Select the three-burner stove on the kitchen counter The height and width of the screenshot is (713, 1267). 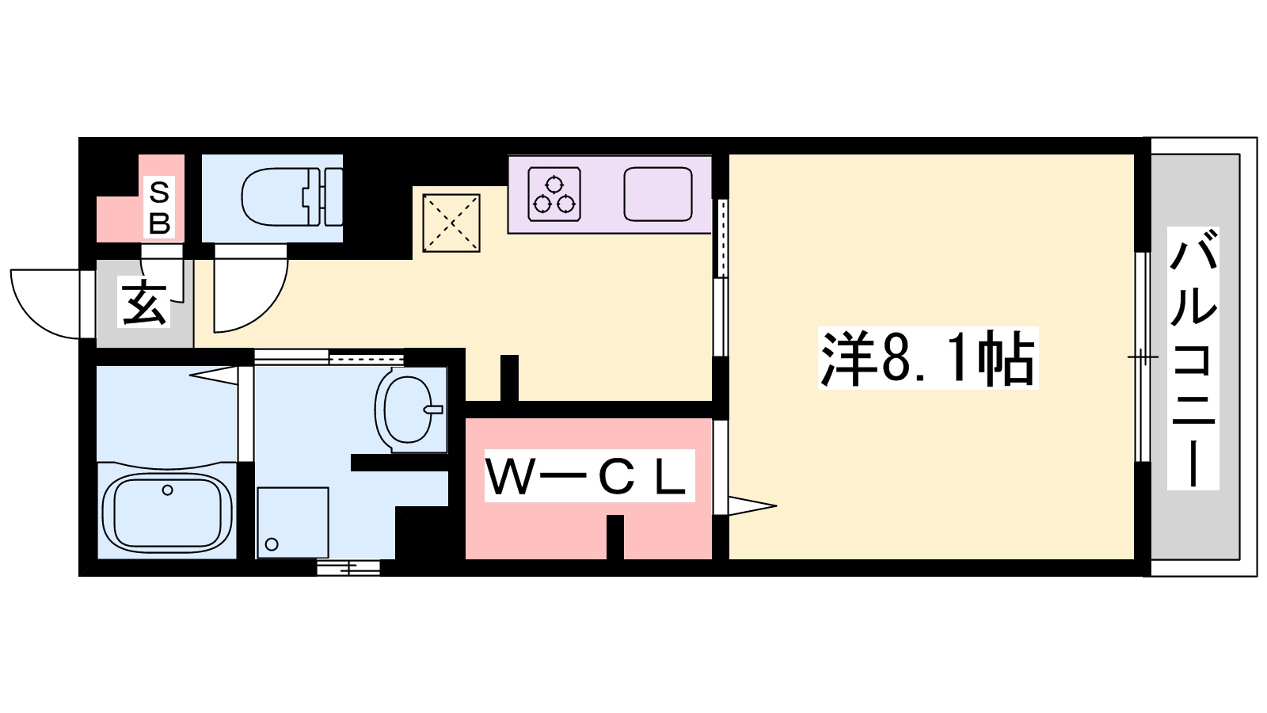554,193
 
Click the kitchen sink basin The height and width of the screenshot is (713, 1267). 658,193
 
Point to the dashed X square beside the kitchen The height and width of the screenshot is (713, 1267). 451,223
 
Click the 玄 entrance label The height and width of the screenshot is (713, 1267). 143,303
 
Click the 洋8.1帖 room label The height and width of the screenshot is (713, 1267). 927,357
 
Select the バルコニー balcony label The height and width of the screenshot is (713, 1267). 1193,358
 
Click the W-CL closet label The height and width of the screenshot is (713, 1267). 589,476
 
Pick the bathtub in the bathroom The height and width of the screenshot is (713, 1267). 167,512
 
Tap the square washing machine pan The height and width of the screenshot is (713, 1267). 293,522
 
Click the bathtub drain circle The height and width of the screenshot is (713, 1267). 167,490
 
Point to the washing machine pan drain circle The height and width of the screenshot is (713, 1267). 272,544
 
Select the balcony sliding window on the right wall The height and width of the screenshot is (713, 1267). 1143,357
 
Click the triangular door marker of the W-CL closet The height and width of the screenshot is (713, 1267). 752,505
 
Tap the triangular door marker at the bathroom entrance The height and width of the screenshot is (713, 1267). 214,376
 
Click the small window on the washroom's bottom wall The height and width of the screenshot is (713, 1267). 348,567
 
